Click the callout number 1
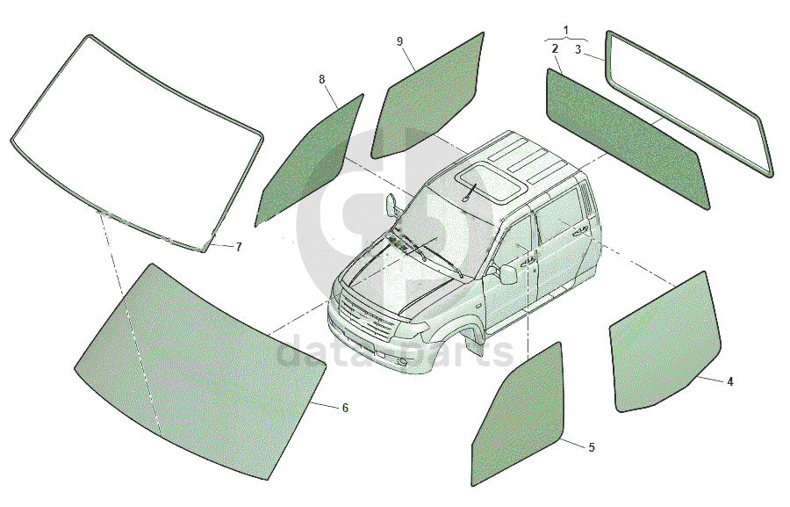pos(566,31)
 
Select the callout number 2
pos(555,49)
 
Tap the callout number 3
pos(578,49)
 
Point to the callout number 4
pos(730,382)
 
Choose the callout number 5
pos(592,447)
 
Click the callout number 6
pos(345,408)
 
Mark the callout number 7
pos(239,247)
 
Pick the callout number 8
pos(322,79)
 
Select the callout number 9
pos(399,41)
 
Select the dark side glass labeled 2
pos(628,139)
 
